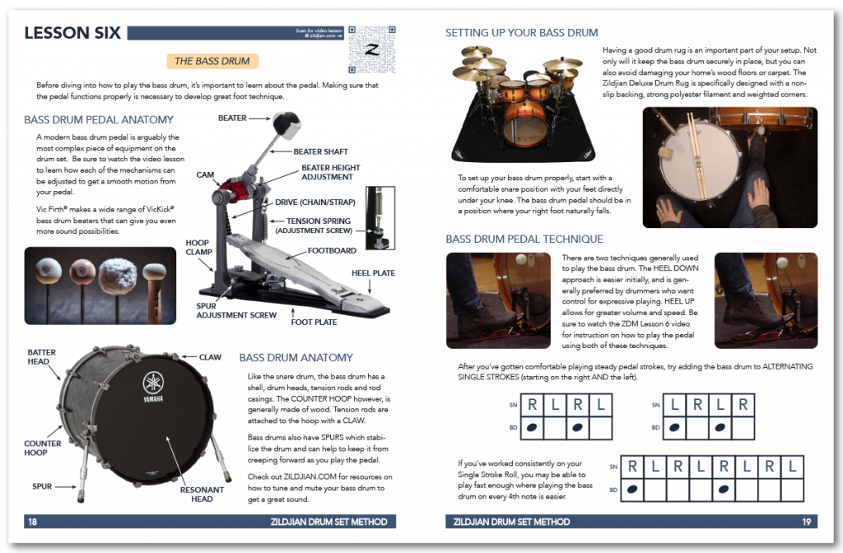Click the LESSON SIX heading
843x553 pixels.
(x=72, y=33)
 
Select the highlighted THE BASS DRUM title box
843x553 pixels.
(x=212, y=61)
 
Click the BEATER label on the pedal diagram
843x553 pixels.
(x=232, y=118)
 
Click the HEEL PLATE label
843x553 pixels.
(x=372, y=272)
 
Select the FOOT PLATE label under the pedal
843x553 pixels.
(x=314, y=322)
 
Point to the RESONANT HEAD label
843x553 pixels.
(x=202, y=494)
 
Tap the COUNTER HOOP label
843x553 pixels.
(x=43, y=448)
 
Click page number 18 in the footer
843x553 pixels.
(x=32, y=522)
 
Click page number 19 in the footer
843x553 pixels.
(x=810, y=522)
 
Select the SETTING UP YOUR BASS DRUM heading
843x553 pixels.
(x=521, y=33)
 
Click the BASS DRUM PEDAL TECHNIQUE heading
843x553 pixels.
(x=524, y=239)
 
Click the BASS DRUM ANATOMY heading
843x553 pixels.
(x=296, y=357)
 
